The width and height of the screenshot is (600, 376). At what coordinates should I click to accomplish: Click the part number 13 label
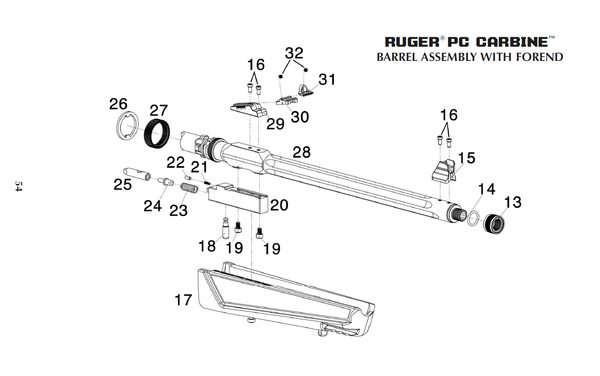point(513,202)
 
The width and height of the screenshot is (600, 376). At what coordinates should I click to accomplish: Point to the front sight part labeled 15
point(443,171)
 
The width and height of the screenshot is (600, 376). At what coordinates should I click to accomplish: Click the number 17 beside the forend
point(183,300)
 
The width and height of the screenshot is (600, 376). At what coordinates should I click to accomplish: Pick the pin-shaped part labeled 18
point(226,228)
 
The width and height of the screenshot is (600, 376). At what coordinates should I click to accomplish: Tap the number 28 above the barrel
point(302,152)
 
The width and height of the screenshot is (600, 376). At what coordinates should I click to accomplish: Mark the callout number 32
point(294,53)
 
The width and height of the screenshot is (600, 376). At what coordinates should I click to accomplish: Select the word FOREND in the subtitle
point(539,57)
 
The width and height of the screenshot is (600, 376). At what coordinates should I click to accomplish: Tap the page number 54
point(18,186)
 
